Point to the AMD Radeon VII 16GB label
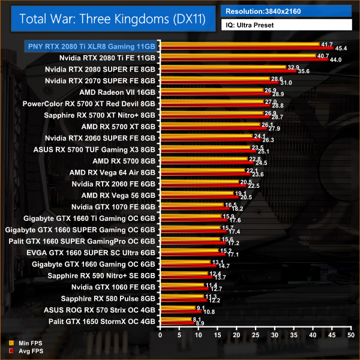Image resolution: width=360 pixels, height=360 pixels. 117,92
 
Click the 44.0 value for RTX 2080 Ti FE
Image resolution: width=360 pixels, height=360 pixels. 336,59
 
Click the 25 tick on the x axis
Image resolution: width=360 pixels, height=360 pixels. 255,334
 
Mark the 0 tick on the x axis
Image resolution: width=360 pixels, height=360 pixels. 158,334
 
